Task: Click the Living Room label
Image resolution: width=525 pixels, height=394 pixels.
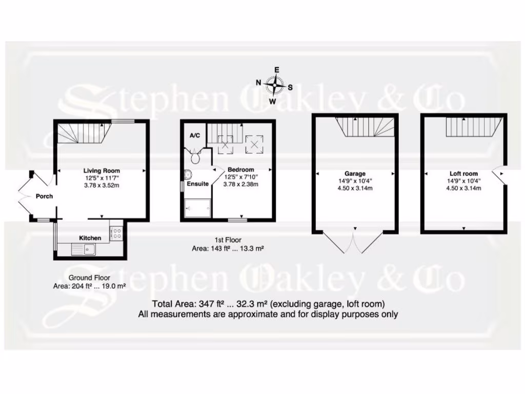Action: pos(102,171)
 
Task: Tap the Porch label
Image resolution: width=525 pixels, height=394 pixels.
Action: pos(44,196)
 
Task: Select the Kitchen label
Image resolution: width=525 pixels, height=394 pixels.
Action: pos(90,238)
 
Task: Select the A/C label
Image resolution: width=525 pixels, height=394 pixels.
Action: pos(195,135)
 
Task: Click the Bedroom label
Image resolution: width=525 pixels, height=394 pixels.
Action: pos(240,170)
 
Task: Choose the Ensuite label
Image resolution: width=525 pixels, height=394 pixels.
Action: pos(197,183)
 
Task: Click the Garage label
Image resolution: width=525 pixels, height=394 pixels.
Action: pos(355,174)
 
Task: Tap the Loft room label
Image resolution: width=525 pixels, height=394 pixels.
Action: pos(463,174)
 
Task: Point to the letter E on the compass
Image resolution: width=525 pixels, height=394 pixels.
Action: pos(276,70)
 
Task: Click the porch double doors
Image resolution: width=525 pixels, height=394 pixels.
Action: pos(26,195)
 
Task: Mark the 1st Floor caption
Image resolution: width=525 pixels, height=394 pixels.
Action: pos(228,240)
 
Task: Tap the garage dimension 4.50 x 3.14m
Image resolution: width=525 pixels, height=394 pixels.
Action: pos(355,188)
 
